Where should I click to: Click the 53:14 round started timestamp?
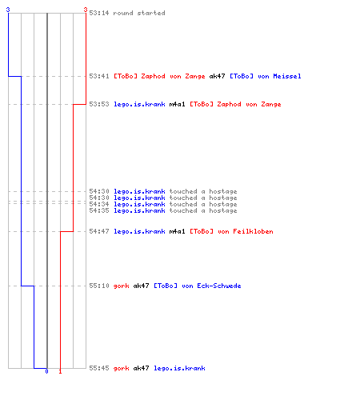click(x=99, y=13)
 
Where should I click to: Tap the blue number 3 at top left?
click(x=8, y=10)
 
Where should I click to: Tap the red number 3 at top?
click(x=86, y=10)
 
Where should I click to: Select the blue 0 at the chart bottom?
click(x=46, y=371)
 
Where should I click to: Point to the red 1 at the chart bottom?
click(x=60, y=371)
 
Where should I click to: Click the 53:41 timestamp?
click(x=99, y=76)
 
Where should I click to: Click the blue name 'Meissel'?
click(x=287, y=76)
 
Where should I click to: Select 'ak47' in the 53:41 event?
click(x=217, y=76)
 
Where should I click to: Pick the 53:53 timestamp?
click(x=99, y=104)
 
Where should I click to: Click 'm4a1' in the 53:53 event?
click(x=177, y=104)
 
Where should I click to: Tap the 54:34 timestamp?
click(x=99, y=204)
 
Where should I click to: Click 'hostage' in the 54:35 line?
click(x=223, y=210)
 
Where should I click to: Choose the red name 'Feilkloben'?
click(x=253, y=231)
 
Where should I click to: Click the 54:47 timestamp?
click(x=99, y=231)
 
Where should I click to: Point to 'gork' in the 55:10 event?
click(x=122, y=286)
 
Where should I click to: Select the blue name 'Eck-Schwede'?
click(x=219, y=286)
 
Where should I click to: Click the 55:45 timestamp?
click(x=99, y=368)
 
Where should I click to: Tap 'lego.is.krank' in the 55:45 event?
click(x=179, y=368)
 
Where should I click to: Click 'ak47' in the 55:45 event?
click(x=141, y=368)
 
